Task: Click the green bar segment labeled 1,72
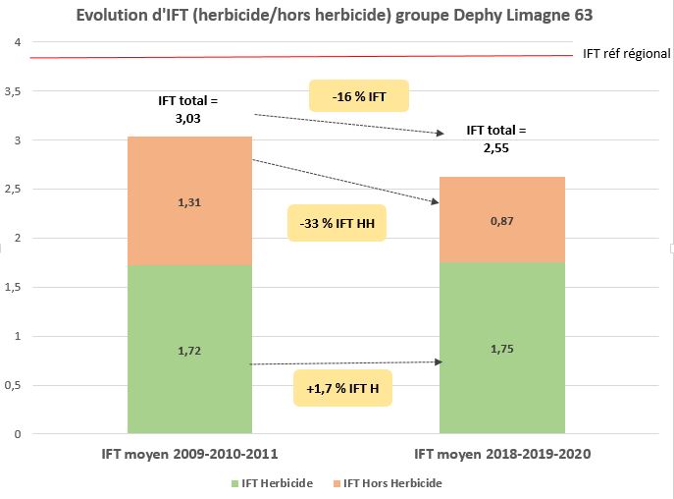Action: click(190, 349)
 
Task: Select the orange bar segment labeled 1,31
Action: click(190, 200)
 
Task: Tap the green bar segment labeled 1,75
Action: click(501, 349)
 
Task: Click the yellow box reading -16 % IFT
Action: click(358, 96)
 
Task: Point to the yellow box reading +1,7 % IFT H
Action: click(342, 388)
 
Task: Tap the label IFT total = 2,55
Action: click(495, 139)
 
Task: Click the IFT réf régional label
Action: click(626, 54)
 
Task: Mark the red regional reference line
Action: click(294, 57)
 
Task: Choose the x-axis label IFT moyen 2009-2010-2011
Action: click(190, 455)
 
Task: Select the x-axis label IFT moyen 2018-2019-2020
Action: click(501, 455)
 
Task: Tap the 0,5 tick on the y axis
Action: click(13, 385)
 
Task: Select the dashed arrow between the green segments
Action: click(343, 363)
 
